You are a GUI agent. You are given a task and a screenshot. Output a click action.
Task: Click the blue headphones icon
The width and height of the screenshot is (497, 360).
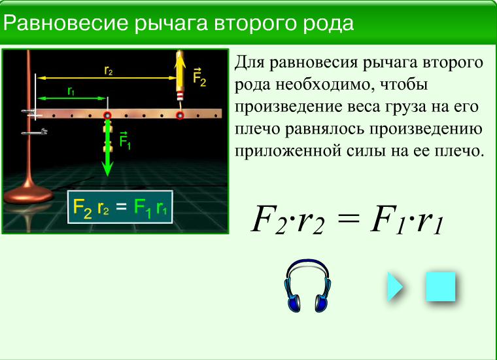pos(307,285)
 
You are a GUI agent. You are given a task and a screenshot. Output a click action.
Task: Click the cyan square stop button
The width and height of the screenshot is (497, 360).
pos(441,287)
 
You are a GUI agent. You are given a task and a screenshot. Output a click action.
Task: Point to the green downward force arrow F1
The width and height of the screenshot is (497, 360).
pos(107,148)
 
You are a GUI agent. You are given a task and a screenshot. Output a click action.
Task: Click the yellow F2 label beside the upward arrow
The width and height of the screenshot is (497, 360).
pos(199,77)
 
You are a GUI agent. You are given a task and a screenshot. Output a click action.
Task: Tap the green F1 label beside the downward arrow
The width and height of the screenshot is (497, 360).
pos(125,140)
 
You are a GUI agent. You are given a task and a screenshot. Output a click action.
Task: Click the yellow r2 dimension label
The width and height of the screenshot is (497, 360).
pos(109,71)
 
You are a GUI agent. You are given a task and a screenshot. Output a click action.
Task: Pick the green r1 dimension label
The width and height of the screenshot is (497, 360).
pos(71,91)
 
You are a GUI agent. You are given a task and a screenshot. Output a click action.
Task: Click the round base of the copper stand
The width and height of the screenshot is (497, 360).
pos(28,194)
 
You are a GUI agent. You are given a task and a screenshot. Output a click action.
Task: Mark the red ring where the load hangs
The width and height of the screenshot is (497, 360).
pos(107,115)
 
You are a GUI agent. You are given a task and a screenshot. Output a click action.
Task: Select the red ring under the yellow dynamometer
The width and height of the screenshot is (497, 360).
pos(180,115)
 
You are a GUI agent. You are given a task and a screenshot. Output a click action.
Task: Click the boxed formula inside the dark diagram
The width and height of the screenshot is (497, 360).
pos(120,207)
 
